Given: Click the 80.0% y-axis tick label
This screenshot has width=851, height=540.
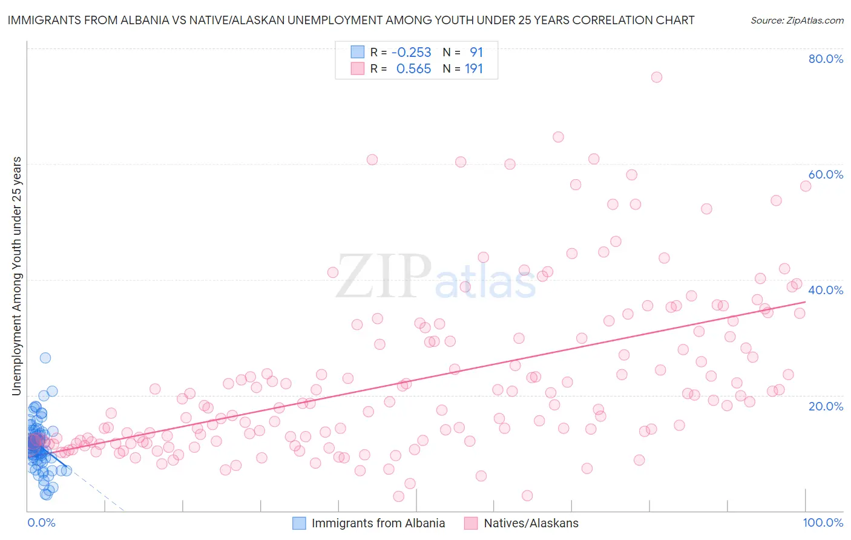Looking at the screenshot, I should [x=826, y=59].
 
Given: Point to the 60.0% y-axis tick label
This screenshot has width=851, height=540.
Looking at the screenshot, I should [x=826, y=174].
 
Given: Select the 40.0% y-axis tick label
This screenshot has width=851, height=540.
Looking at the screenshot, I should [x=826, y=290].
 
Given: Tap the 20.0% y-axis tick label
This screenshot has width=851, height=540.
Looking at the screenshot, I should [x=826, y=406].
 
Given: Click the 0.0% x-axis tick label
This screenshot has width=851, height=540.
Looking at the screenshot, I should [x=41, y=522].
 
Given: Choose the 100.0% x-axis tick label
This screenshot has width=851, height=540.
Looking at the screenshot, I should [x=823, y=522].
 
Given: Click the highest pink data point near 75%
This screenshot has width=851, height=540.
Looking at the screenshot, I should [x=656, y=77].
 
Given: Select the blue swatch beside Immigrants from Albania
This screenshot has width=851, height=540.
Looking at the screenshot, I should [x=299, y=523].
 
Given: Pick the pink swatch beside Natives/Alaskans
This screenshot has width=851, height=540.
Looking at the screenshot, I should [x=471, y=523].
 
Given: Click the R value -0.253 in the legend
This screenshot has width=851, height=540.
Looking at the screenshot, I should [x=411, y=53].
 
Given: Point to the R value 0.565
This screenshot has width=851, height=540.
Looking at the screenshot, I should [x=413, y=69].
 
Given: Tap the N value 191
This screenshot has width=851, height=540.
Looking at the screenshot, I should [x=473, y=69].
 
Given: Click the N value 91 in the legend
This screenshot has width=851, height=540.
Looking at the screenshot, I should [x=476, y=53].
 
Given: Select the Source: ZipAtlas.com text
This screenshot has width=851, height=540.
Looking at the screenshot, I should [x=797, y=21].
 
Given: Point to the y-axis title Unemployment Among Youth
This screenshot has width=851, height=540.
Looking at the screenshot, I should [x=16, y=276].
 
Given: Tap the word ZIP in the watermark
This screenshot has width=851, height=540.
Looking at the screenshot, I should [x=383, y=277].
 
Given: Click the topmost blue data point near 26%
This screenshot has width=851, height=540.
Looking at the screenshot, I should [x=45, y=358].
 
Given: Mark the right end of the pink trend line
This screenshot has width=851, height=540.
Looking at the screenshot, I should [x=806, y=301].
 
